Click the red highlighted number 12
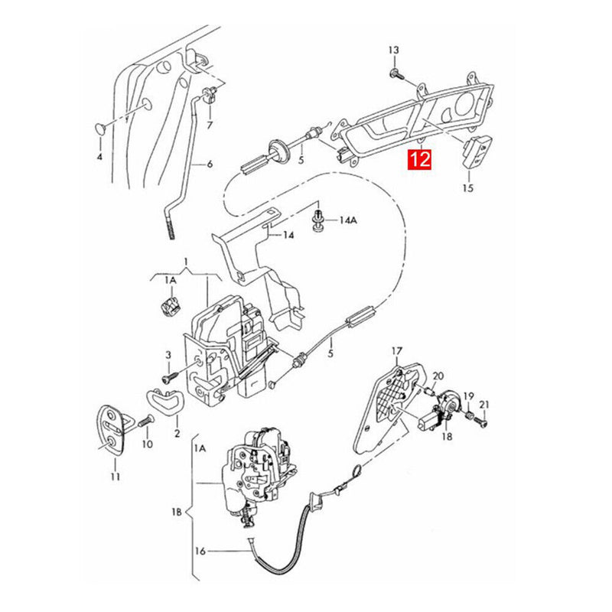point(420,160)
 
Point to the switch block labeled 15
point(474,149)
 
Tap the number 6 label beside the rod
point(210,164)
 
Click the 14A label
point(347,220)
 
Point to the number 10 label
point(147,444)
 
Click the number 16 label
point(200,551)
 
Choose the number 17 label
point(396,351)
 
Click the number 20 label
point(438,376)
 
